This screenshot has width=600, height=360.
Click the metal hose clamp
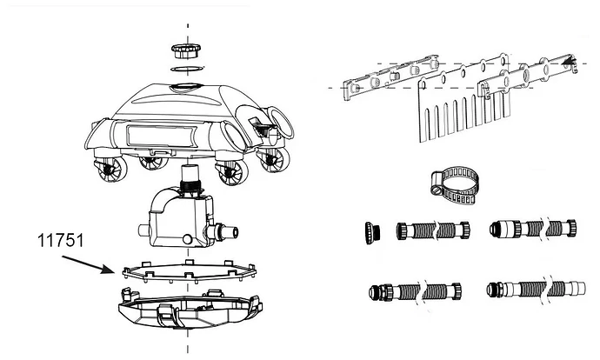[x=455, y=185]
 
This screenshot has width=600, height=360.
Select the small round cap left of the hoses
[x=372, y=232]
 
